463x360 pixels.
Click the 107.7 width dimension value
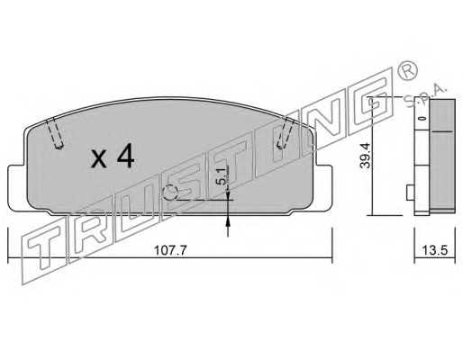coord(170,250)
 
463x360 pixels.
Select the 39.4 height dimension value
coord(366,156)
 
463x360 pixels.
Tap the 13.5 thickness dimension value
coord(434,250)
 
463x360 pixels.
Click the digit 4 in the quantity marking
coord(126,156)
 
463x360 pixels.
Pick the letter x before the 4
coord(99,159)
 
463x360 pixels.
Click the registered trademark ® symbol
coord(407,70)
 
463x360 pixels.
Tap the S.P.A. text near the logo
coord(426,96)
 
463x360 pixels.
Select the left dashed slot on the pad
coord(55,132)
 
